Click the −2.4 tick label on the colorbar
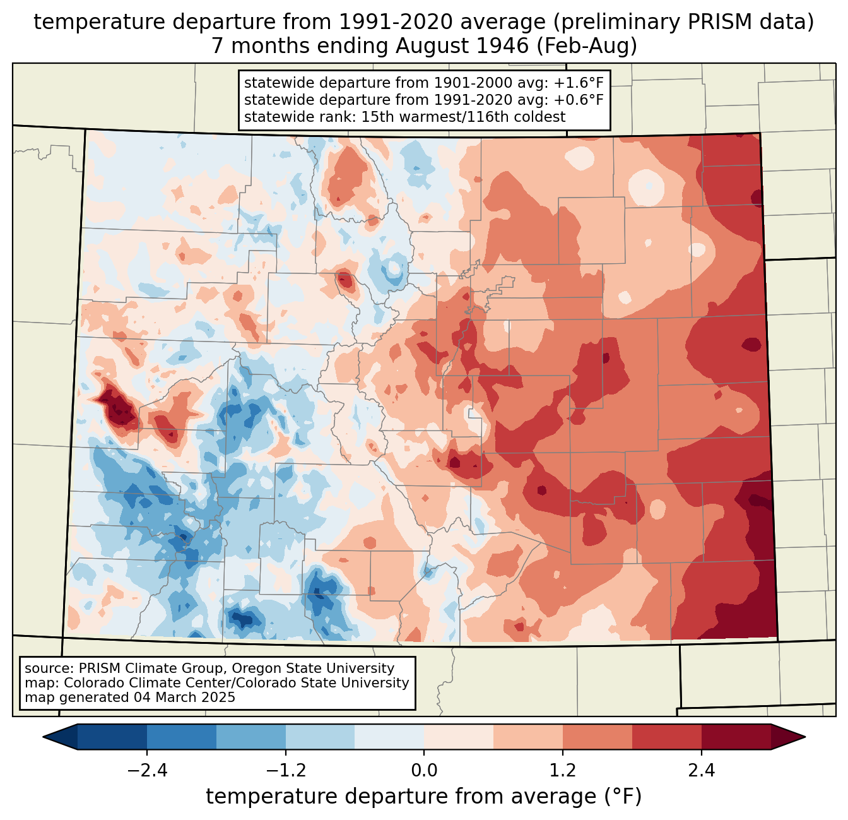tap(147, 771)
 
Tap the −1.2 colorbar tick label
tap(286, 771)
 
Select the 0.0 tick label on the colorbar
tap(424, 771)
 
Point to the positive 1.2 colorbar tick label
tap(563, 771)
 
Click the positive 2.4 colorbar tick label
tap(702, 771)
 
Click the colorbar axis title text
tap(424, 797)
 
